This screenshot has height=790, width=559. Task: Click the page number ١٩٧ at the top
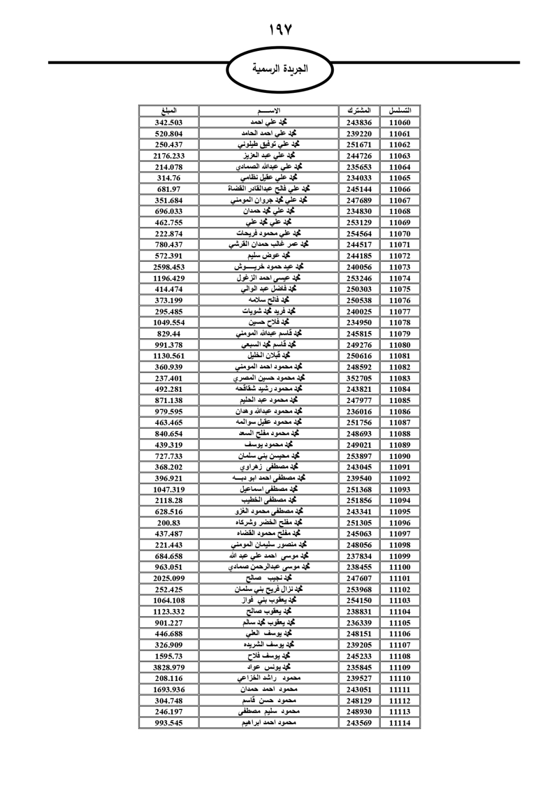click(280, 30)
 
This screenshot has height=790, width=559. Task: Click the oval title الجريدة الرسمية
click(279, 69)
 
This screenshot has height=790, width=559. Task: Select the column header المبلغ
click(169, 111)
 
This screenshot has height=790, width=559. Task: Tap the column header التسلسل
click(400, 111)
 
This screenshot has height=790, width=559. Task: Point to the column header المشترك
click(359, 111)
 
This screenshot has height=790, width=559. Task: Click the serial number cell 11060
click(400, 122)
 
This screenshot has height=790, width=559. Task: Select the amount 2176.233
click(169, 156)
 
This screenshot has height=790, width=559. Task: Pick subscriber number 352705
click(359, 378)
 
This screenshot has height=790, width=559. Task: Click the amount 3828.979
click(169, 667)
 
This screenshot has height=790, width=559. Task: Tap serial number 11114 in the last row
click(400, 723)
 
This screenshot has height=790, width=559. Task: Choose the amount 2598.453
click(169, 267)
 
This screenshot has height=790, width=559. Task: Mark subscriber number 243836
click(359, 122)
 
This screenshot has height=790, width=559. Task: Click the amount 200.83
click(169, 523)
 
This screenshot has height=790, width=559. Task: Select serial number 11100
click(400, 567)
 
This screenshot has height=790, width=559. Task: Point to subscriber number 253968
click(359, 589)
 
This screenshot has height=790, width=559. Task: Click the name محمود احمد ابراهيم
click(268, 723)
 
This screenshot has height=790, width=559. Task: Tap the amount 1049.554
click(169, 323)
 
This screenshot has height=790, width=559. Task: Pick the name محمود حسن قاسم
click(268, 701)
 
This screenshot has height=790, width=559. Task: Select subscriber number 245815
click(359, 334)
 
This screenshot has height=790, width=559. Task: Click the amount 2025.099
click(169, 578)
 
